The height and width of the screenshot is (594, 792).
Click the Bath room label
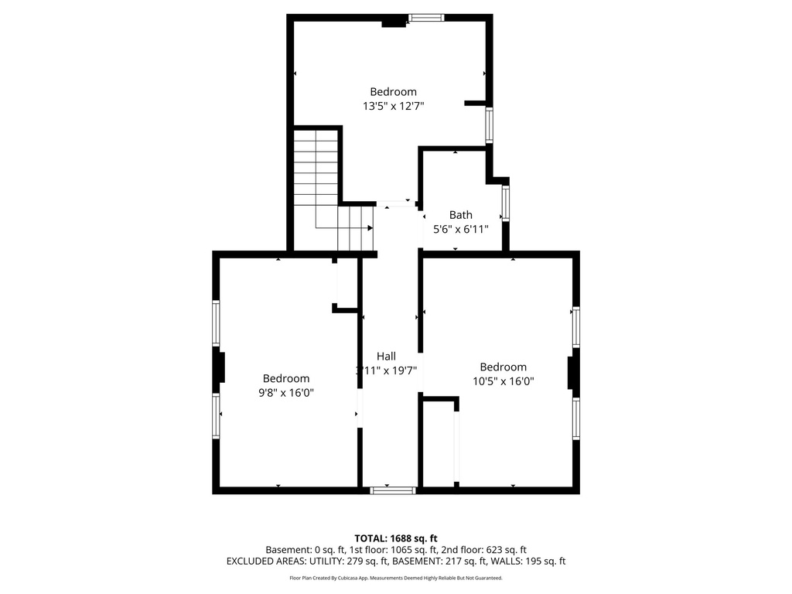point(461,215)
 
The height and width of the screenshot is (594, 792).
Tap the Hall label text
point(387,356)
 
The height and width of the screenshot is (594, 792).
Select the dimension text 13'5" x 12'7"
point(393,106)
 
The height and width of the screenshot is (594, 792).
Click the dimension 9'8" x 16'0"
point(286,392)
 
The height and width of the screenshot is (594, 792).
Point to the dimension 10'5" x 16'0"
point(504,381)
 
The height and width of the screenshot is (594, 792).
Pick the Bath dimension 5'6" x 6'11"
point(461,229)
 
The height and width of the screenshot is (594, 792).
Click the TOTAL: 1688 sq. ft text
point(396,538)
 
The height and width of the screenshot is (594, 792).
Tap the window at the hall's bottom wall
point(393,490)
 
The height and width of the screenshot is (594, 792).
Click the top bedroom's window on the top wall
point(426,18)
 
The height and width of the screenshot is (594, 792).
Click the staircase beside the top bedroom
point(329,193)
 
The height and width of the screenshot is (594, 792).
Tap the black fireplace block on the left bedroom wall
point(220,367)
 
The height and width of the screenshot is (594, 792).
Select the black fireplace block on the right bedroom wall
point(572,372)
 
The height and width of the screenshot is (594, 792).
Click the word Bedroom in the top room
point(393,91)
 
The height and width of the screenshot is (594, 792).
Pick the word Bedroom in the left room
point(286,378)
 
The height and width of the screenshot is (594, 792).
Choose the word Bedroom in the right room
point(504,367)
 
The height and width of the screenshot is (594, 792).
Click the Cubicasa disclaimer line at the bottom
point(396,578)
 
